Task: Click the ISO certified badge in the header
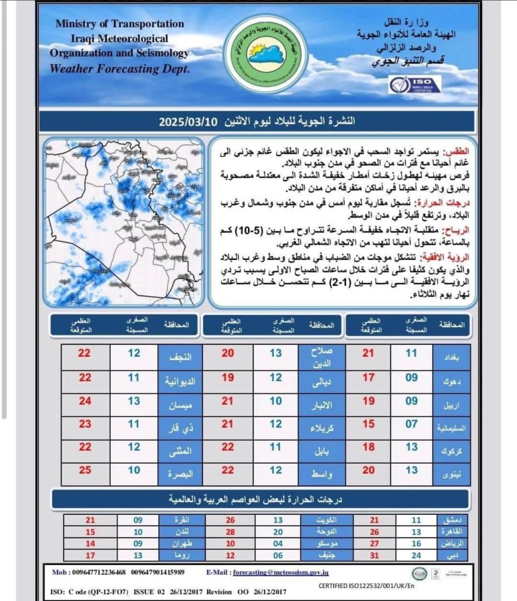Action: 411,84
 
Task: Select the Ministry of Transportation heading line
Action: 120,24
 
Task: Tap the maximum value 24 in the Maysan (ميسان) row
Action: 85,401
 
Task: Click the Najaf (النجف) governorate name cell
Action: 181,354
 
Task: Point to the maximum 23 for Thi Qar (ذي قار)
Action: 85,424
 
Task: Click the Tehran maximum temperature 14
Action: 90,543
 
